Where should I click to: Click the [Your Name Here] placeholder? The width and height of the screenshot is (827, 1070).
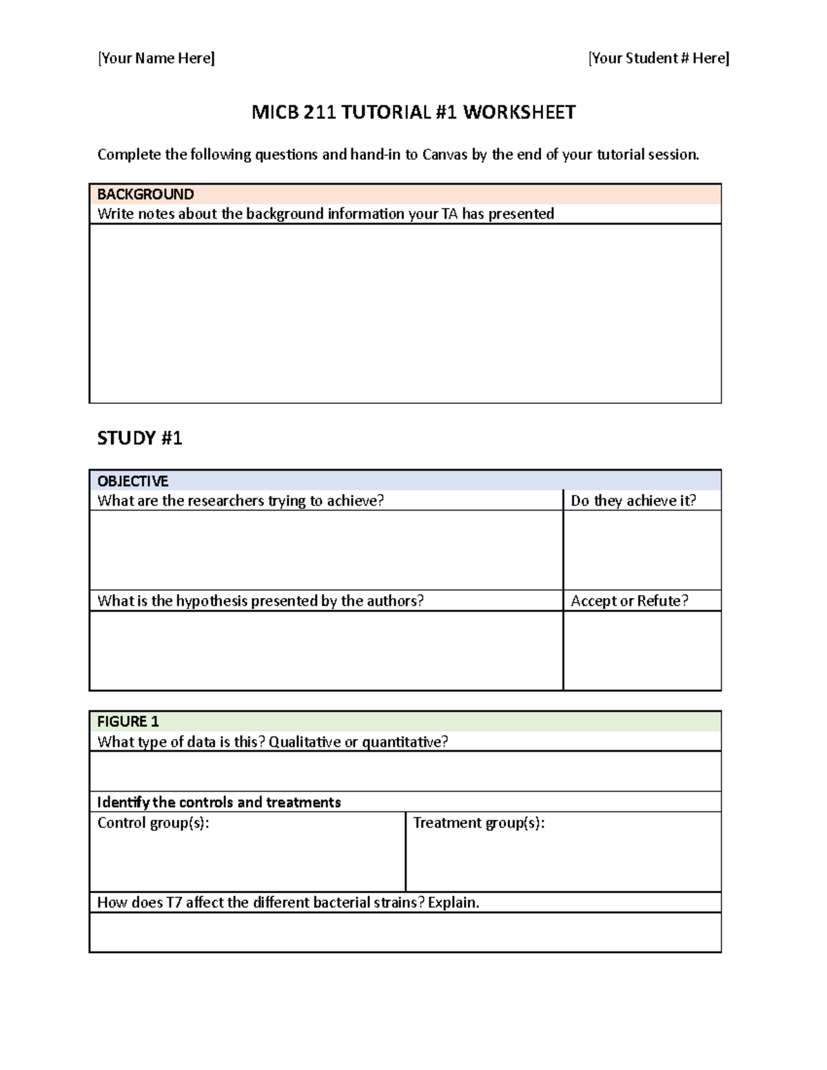click(156, 59)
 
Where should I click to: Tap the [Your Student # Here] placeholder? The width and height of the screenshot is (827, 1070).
click(659, 59)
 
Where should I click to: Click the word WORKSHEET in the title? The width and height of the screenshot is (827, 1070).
click(519, 112)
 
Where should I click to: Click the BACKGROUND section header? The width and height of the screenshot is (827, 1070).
click(145, 194)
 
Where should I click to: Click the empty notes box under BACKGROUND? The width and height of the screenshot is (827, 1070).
click(405, 313)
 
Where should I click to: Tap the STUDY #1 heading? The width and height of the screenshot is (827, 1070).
click(140, 438)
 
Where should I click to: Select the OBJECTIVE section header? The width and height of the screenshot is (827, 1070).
click(133, 481)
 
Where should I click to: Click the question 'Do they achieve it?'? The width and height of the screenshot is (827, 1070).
click(633, 501)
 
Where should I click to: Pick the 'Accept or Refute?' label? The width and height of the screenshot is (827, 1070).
click(629, 601)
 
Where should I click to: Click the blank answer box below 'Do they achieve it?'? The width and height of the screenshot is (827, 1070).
click(642, 550)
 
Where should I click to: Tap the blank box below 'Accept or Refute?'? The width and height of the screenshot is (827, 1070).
click(642, 650)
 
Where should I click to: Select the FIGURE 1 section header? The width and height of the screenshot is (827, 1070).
click(128, 721)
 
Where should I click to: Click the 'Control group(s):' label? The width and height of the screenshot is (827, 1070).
click(153, 823)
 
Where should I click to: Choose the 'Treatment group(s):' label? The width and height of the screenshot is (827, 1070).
click(479, 823)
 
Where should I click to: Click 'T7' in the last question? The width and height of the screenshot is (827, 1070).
click(174, 903)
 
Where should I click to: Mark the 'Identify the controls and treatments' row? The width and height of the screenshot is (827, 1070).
click(219, 802)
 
